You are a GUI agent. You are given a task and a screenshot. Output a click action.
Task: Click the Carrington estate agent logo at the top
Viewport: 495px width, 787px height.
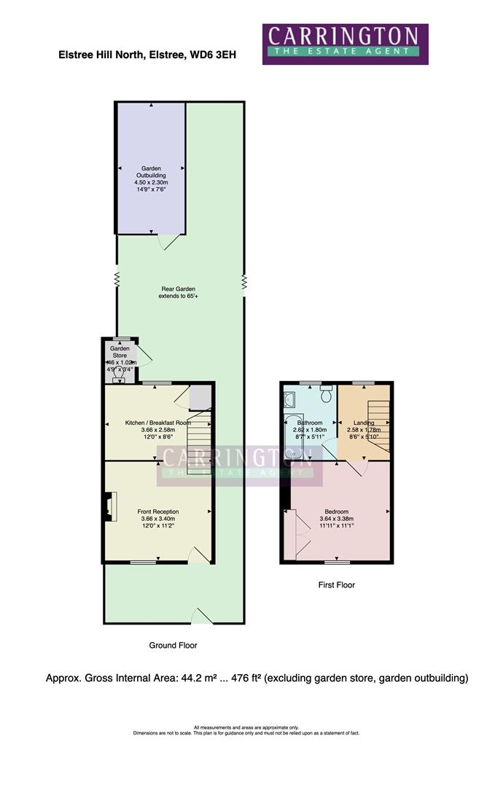pos(345,44)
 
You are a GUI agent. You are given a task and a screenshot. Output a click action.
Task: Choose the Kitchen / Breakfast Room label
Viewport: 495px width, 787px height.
pos(158,423)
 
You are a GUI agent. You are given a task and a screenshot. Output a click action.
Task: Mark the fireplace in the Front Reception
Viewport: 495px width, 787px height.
pos(109,507)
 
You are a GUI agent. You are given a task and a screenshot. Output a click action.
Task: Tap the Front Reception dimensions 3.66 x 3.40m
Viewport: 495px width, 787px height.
pos(158,519)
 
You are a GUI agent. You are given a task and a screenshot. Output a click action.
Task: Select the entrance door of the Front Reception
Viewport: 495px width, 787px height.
pos(199,555)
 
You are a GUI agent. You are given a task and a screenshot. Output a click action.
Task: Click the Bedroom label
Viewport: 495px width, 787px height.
pos(336,512)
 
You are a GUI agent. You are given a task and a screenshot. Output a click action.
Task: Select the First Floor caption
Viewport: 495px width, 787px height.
pos(336,585)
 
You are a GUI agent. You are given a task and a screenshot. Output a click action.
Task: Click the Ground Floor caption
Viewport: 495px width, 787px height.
pos(173,645)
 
